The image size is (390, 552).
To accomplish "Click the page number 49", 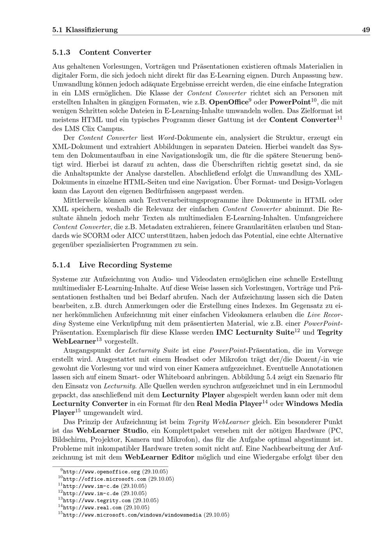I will pos(366,30).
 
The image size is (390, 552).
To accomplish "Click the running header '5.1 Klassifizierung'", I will pos(85,30).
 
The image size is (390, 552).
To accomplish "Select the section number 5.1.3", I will pos(61,52).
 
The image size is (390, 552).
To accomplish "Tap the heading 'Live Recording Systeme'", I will pos(125,265).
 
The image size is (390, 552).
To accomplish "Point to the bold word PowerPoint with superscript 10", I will pos(289,102).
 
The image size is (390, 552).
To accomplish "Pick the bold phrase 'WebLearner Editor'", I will pos(159,457).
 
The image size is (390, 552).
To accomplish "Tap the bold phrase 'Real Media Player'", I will pos(229,404).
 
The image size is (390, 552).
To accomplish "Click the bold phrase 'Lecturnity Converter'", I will pos(90,404).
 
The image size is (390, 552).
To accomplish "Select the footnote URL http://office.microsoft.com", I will pos(105,479).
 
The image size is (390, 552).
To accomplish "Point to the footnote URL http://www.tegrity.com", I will pos(97,500).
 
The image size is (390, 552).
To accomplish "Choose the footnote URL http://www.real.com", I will pos(92,507).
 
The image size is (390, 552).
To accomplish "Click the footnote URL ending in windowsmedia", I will pos(132,515).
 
